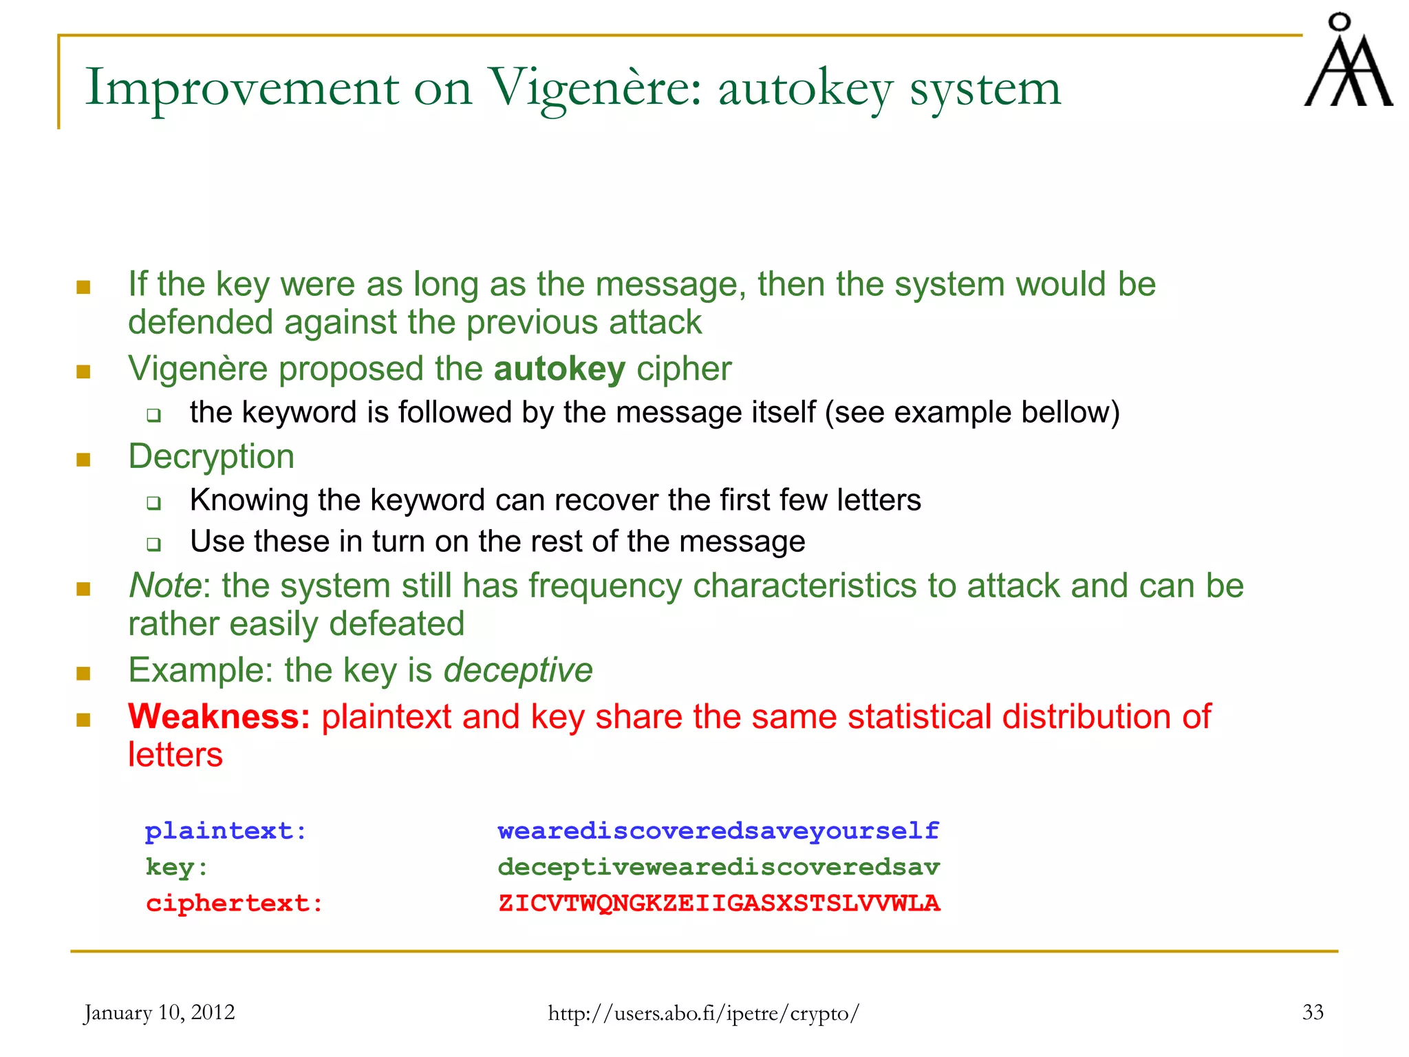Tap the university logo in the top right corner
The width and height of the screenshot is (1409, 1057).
pyautogui.click(x=1348, y=62)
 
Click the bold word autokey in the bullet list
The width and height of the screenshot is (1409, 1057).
pyautogui.click(x=559, y=370)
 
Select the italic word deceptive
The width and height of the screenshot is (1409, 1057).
pyautogui.click(x=517, y=670)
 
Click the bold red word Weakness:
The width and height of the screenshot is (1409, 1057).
pyautogui.click(x=219, y=717)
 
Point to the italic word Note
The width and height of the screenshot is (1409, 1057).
pyautogui.click(x=164, y=586)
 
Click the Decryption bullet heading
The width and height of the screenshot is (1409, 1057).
pyautogui.click(x=211, y=457)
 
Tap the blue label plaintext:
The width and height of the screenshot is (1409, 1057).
pyautogui.click(x=226, y=831)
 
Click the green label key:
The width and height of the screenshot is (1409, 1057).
pyautogui.click(x=177, y=867)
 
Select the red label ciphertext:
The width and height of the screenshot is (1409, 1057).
pyautogui.click(x=234, y=904)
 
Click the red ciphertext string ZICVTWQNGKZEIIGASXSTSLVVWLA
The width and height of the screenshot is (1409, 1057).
pyautogui.click(x=719, y=904)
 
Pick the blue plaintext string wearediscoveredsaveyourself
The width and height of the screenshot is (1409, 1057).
pyautogui.click(x=719, y=831)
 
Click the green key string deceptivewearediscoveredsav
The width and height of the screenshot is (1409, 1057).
pyautogui.click(x=719, y=867)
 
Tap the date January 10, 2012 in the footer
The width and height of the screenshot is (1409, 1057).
pyautogui.click(x=159, y=1012)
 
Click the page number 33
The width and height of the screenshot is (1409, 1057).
pyautogui.click(x=1313, y=1012)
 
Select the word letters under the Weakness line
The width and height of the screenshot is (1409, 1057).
pyautogui.click(x=175, y=756)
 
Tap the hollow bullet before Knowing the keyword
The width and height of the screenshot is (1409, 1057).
pyautogui.click(x=153, y=503)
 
